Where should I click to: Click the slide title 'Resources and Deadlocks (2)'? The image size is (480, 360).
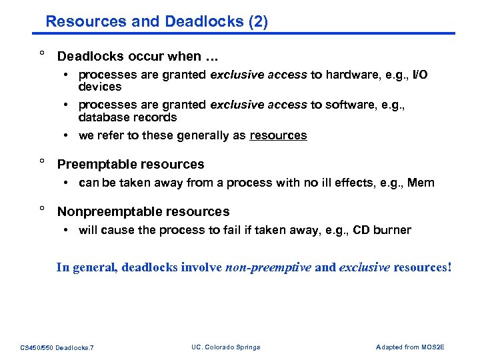(157, 21)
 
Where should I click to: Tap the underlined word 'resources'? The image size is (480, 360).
(278, 135)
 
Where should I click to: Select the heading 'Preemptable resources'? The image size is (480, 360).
(131, 164)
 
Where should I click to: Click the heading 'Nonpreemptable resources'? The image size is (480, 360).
(143, 211)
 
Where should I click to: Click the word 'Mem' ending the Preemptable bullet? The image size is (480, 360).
(420, 183)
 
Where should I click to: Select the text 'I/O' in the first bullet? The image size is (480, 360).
(420, 75)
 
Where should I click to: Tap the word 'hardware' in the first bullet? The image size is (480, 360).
(351, 75)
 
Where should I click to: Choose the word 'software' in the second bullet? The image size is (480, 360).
(350, 105)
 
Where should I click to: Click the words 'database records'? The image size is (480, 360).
(127, 117)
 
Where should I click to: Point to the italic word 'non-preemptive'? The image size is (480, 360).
(269, 267)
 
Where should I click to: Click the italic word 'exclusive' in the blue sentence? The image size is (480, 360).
(365, 267)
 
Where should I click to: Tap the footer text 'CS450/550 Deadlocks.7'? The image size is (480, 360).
(57, 347)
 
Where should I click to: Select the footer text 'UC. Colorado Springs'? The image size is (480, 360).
(225, 347)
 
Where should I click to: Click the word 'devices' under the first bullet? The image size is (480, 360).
(100, 87)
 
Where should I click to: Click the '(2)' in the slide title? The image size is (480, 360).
(257, 21)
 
